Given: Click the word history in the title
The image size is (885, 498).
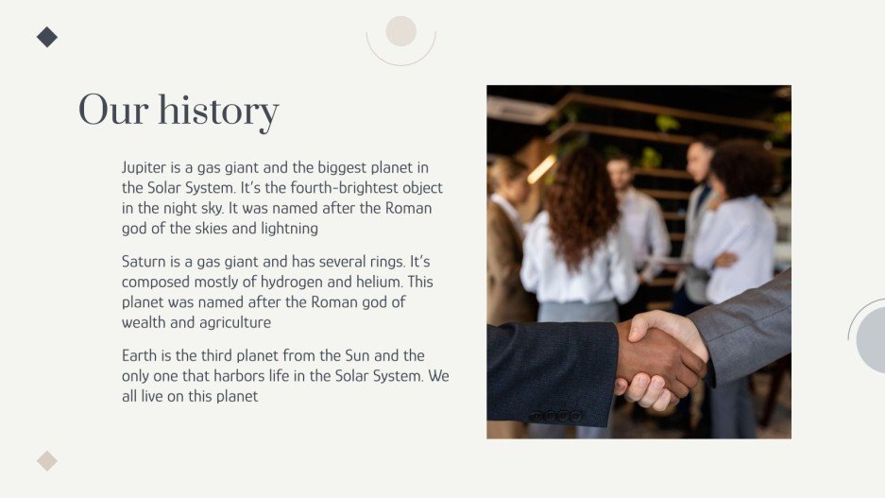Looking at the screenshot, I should point(218,112).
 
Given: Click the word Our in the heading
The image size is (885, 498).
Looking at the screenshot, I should point(112,111).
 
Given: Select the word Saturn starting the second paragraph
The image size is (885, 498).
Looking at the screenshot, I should point(145,261).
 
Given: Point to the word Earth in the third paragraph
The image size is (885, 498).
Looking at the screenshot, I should point(140,355).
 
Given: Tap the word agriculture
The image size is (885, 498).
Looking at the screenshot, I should point(234,322).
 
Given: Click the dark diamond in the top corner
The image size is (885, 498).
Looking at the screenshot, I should point(47,37).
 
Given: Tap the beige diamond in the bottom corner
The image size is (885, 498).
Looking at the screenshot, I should point(47,461).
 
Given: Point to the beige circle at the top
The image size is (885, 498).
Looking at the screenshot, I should point(401,31).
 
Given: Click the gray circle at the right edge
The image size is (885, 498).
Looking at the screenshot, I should point(873,338).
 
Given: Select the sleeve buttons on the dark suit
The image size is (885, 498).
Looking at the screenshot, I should point(556,415).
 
